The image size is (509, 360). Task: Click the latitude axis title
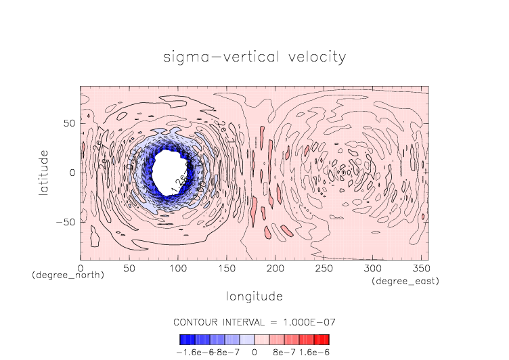(43, 173)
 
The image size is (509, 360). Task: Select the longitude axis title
(254, 296)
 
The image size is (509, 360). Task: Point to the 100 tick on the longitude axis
(177, 269)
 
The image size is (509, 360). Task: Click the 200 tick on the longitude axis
(274, 269)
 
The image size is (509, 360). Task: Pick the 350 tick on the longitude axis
(419, 269)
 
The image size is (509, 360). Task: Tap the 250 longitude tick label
(322, 269)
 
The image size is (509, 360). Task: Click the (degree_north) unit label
(68, 277)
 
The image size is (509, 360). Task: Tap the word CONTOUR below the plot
(196, 321)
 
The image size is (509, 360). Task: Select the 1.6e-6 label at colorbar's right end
(315, 352)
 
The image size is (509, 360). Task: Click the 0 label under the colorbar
(254, 352)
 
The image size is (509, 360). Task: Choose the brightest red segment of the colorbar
(325, 339)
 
